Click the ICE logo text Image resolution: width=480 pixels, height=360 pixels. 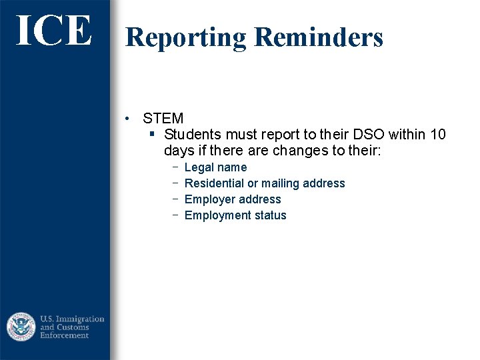[x=53, y=31]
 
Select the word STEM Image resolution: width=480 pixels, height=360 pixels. [x=163, y=119]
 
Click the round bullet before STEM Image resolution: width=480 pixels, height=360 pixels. [x=127, y=119]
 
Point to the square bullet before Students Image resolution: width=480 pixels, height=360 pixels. [x=151, y=135]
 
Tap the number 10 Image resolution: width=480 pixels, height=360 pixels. [x=438, y=135]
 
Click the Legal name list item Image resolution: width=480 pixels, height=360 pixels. [x=215, y=167]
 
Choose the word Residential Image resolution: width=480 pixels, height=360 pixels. [x=214, y=183]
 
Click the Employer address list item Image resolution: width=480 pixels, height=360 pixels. [x=233, y=199]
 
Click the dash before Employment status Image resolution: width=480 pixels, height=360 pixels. [x=174, y=215]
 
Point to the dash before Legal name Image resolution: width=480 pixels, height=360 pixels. [x=174, y=167]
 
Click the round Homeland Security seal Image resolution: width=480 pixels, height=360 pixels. [x=21, y=327]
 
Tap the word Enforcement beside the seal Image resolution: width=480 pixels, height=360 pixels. [x=65, y=335]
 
